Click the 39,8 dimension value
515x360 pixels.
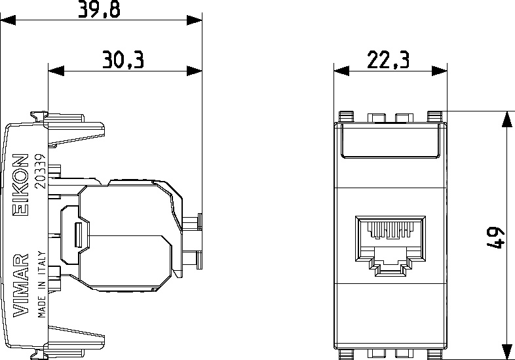click(x=99, y=9)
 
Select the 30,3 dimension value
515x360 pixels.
click(x=123, y=60)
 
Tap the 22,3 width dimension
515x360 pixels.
click(x=389, y=60)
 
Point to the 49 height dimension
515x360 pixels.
click(x=495, y=237)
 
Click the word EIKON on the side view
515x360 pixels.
click(x=20, y=185)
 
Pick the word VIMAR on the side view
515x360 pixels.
click(x=20, y=285)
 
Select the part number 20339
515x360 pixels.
click(x=40, y=171)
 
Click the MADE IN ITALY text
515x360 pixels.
click(x=42, y=285)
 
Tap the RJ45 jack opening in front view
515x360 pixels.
click(x=391, y=244)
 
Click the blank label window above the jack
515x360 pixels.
click(x=391, y=141)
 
